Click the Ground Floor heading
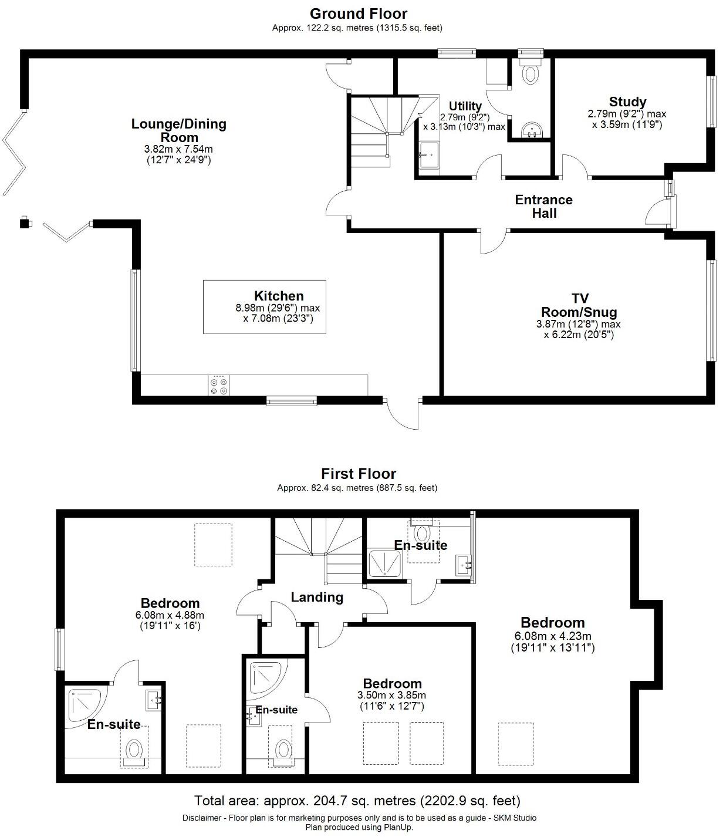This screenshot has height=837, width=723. (x=358, y=13)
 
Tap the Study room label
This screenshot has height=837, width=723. (x=627, y=102)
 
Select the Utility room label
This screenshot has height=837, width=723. (x=465, y=106)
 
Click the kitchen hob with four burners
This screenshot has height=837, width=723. (x=219, y=385)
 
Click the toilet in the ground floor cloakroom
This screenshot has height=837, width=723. (x=531, y=73)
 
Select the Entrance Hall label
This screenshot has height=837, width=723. (x=543, y=207)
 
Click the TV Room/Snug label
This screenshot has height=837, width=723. (x=578, y=305)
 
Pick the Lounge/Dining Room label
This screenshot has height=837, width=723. (x=178, y=130)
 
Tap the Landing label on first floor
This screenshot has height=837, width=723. (x=317, y=597)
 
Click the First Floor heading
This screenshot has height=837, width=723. (x=358, y=474)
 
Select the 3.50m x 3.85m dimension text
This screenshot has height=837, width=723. (x=391, y=695)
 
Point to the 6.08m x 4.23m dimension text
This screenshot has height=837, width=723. (x=552, y=636)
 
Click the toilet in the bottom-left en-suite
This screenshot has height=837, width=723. (x=135, y=751)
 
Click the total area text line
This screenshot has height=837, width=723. (x=357, y=801)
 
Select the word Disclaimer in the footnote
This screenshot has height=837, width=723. (x=201, y=818)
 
